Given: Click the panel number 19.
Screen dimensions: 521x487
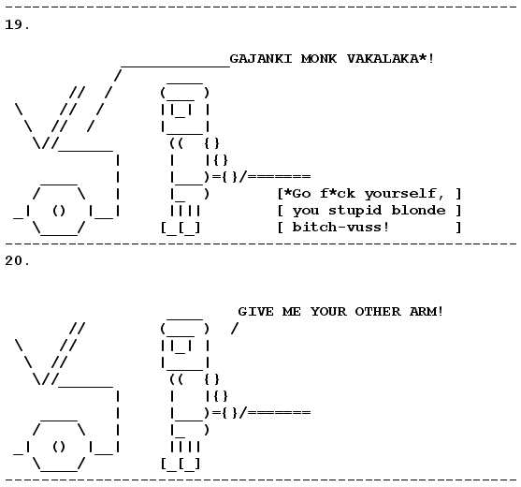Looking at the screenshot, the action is (17, 24).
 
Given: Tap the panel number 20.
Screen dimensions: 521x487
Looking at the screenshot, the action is (17, 260).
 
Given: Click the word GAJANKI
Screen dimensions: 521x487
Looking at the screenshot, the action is (261, 59).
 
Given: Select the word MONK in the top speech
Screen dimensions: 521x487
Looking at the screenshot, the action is (319, 59).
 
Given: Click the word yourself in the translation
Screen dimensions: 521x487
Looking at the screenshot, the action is (400, 194).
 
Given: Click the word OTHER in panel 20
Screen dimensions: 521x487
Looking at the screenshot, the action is (378, 312).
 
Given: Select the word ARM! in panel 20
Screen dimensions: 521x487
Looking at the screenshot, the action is (427, 312).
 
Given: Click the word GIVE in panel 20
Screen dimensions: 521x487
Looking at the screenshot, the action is (256, 312).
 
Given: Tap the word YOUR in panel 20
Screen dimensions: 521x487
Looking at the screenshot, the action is (328, 312).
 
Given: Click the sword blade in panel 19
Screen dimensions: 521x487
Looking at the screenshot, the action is (279, 177).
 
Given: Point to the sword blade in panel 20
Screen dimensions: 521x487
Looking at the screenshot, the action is (279, 413).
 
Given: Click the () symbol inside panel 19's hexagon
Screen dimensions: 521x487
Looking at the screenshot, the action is (59, 211).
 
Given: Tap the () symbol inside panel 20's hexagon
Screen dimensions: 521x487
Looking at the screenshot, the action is (59, 447).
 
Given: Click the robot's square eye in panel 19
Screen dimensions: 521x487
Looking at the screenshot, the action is (181, 111).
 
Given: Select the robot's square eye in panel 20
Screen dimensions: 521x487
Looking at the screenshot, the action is (181, 347).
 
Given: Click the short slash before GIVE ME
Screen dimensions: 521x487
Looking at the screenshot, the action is (235, 329).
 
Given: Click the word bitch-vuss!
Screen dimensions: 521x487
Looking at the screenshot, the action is (340, 228).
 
